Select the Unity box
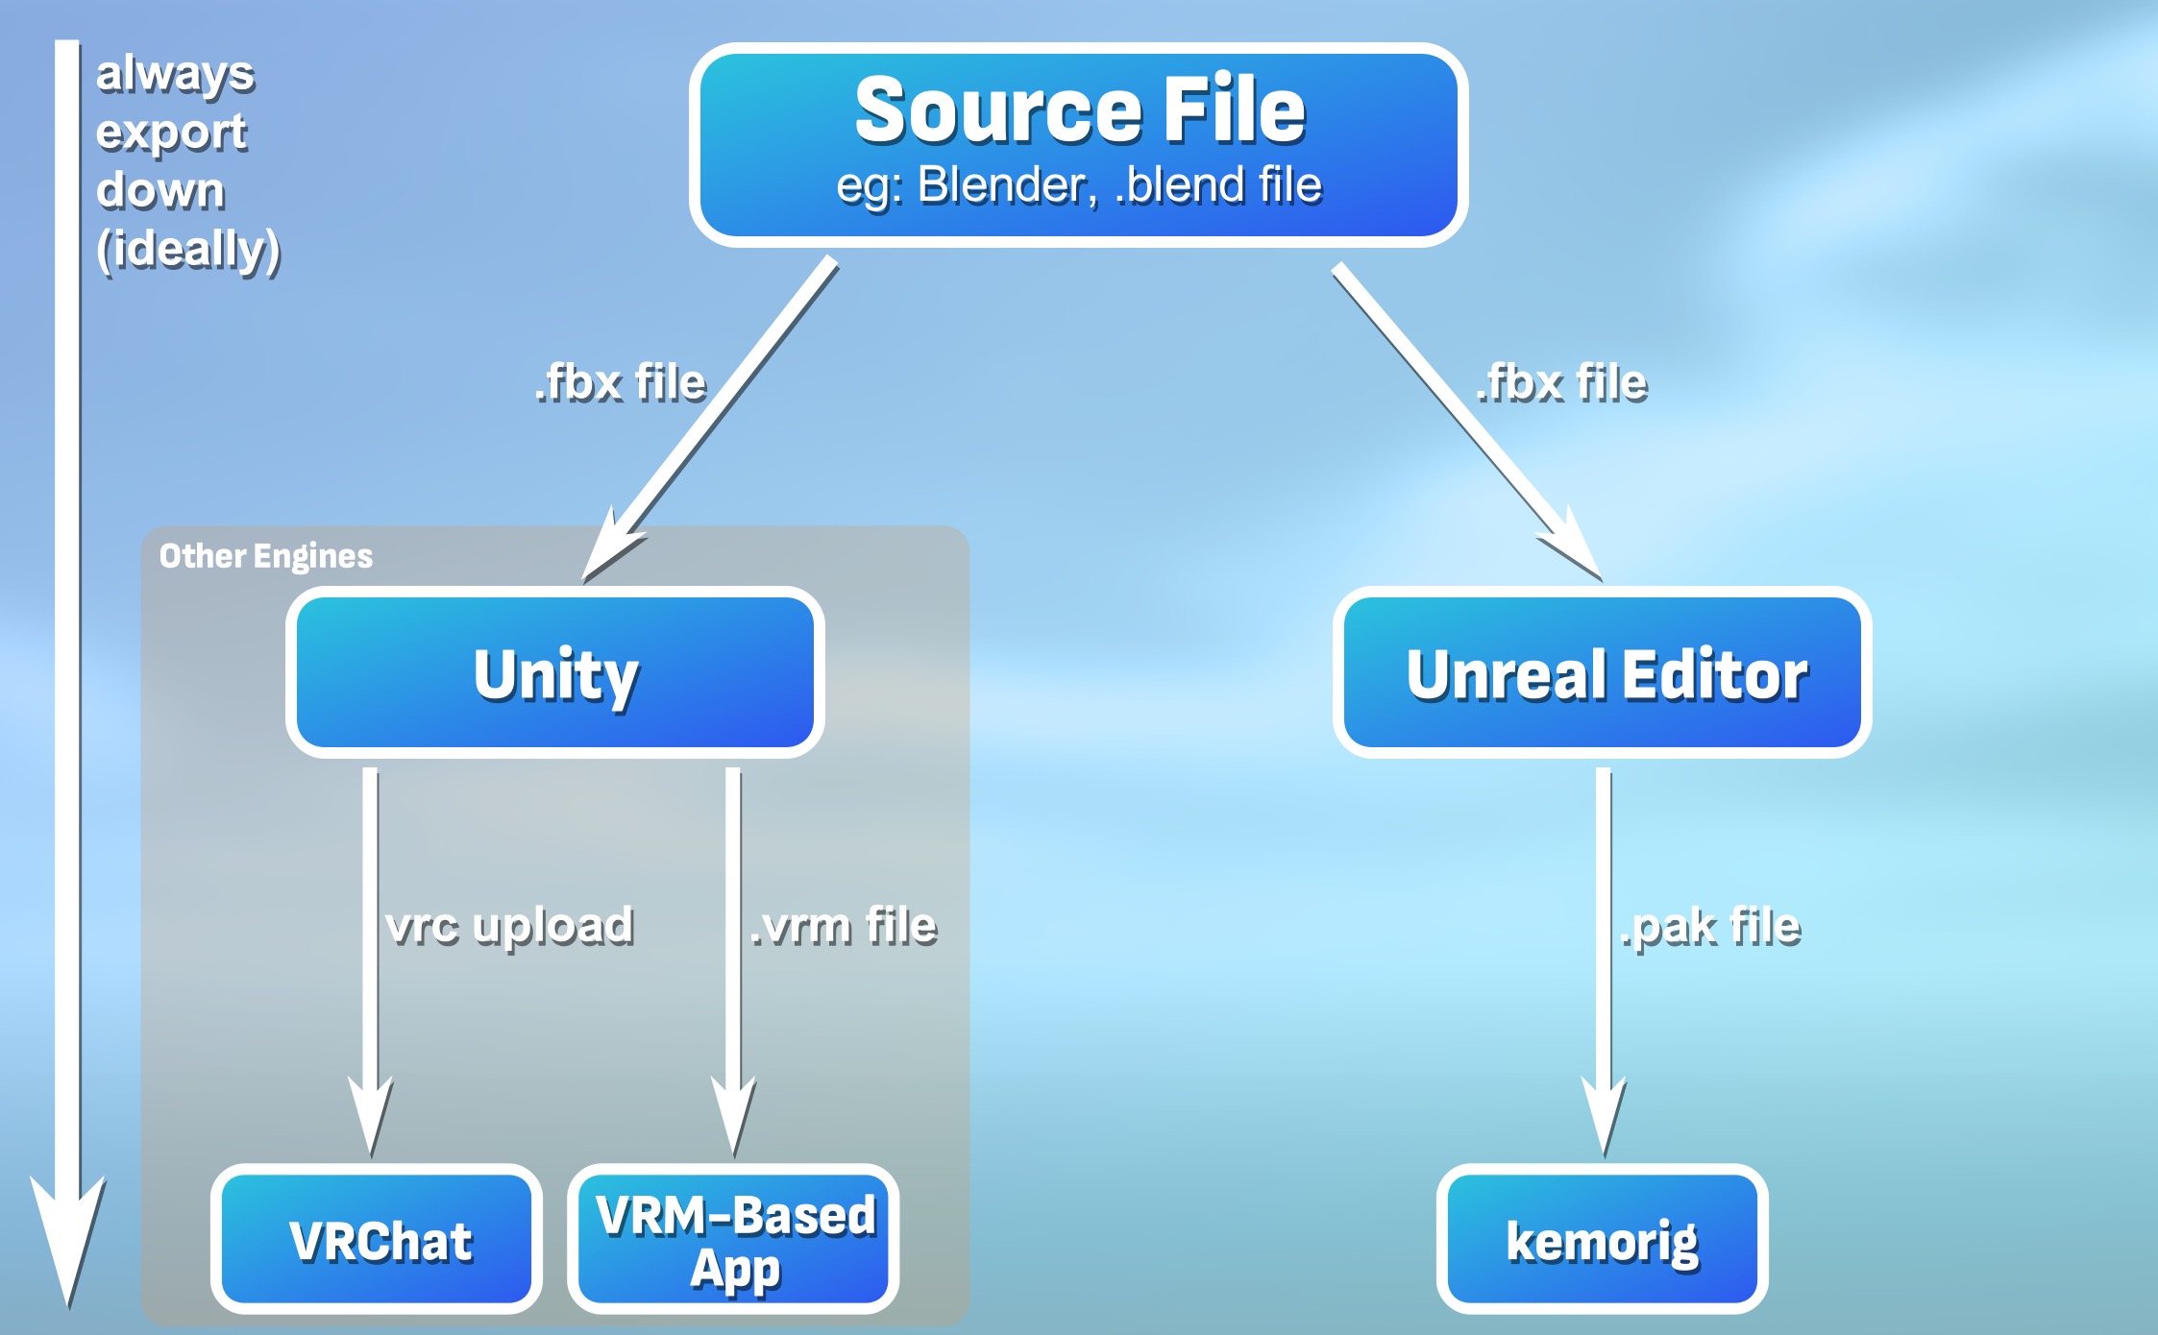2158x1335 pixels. tap(555, 672)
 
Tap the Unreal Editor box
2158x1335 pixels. tap(1603, 672)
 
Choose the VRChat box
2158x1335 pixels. tap(377, 1239)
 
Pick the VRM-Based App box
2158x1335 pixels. tap(734, 1239)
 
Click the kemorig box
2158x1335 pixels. tap(1603, 1239)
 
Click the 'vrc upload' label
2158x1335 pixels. tap(509, 926)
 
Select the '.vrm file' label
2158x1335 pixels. tap(843, 926)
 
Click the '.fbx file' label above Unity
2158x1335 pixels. tap(621, 382)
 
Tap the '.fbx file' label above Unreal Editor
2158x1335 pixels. tap(1562, 382)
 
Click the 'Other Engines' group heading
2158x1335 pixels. tap(266, 556)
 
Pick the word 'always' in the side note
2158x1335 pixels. tap(176, 73)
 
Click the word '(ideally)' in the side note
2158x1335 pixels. tap(188, 250)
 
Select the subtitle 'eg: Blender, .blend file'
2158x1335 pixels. tap(1079, 185)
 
